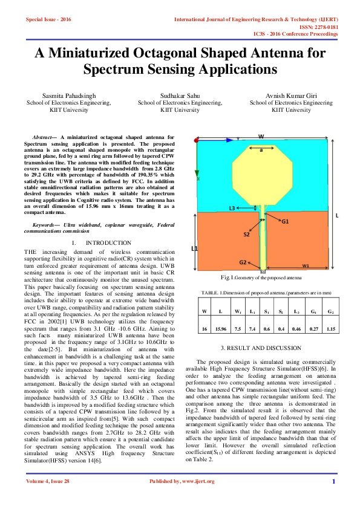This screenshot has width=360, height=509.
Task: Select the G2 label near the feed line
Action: click(x=243, y=262)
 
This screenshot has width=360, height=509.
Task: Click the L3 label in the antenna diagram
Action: click(x=234, y=208)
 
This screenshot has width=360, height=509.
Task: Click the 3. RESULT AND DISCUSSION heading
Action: click(x=262, y=348)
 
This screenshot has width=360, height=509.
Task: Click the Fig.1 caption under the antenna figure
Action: click(x=261, y=277)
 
